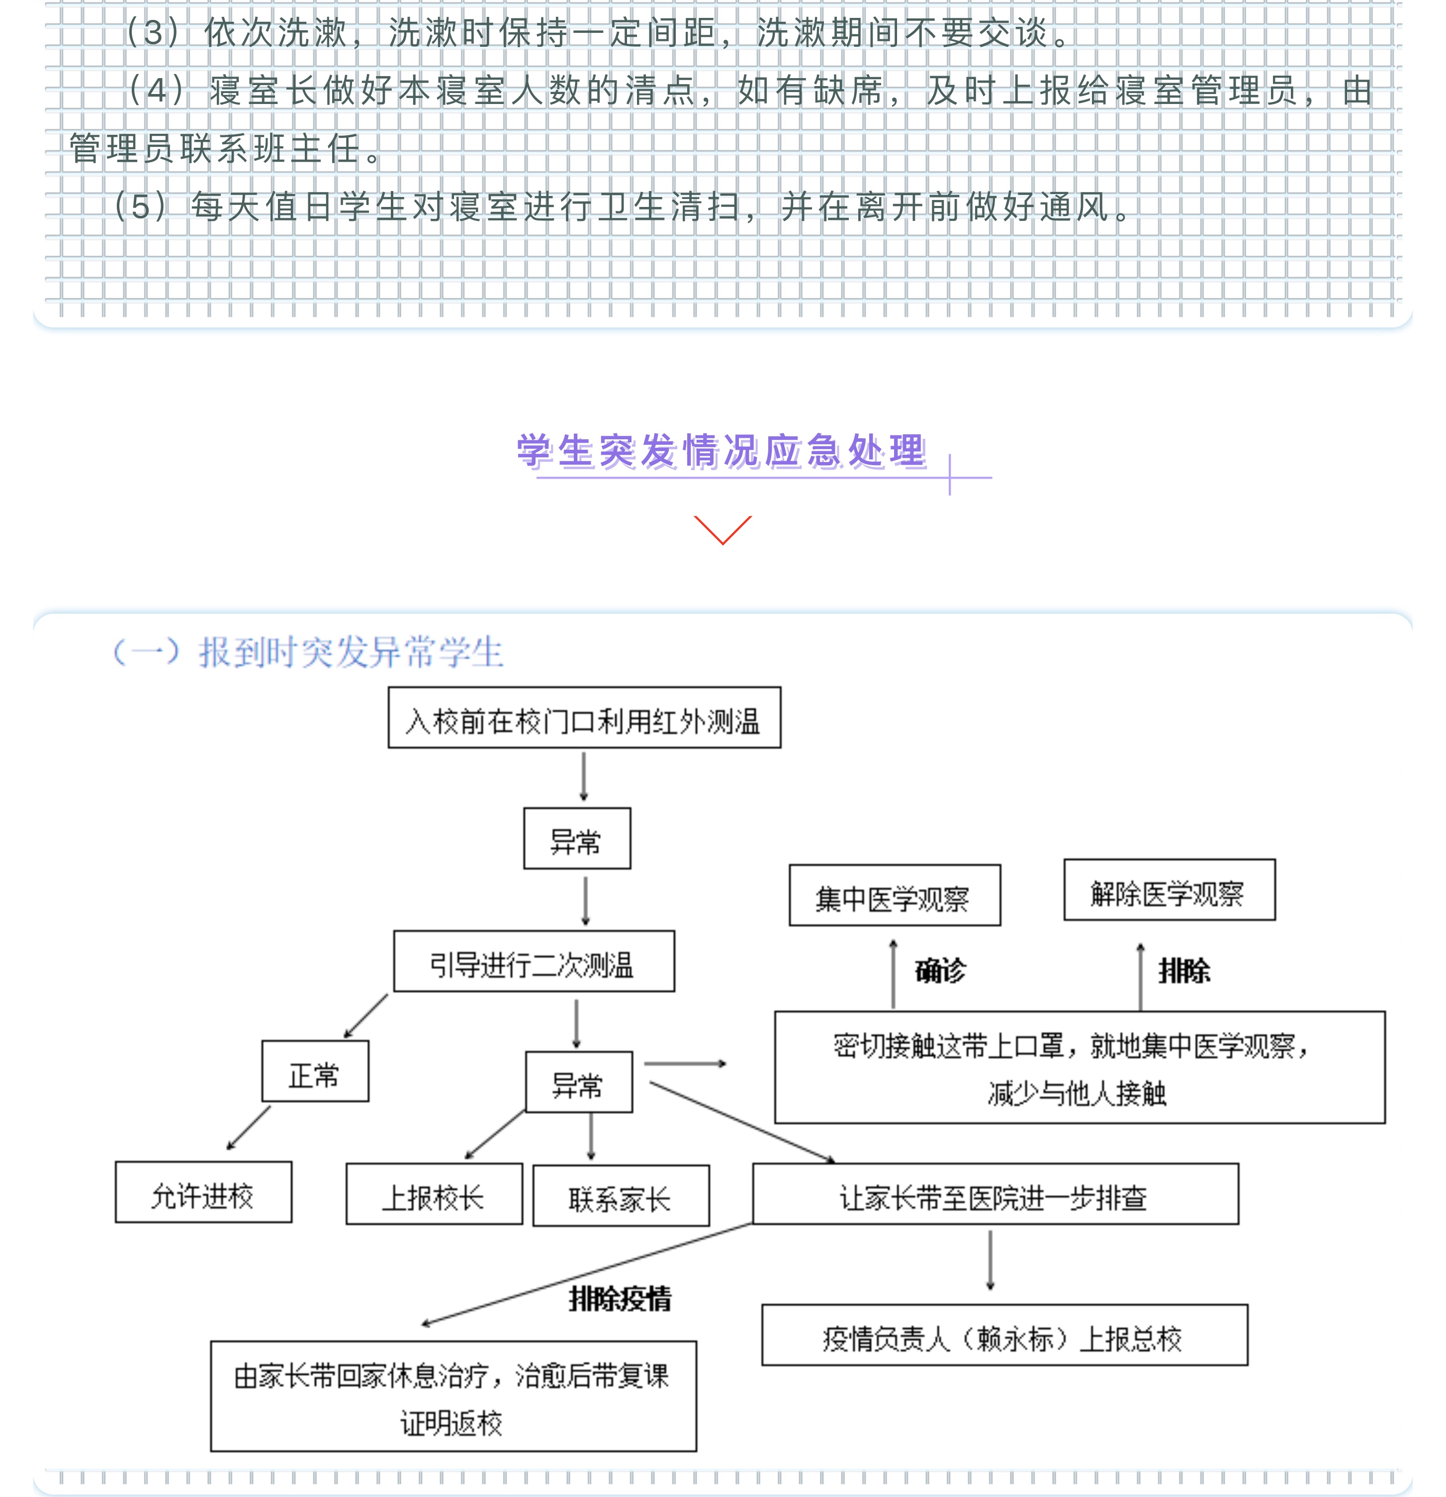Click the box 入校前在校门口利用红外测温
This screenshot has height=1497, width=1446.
(x=584, y=718)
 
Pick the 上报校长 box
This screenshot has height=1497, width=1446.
(x=434, y=1195)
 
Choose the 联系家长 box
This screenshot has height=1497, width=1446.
(x=620, y=1196)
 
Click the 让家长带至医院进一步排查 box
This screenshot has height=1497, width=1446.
(x=995, y=1195)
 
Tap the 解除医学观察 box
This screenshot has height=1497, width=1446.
(x=1169, y=891)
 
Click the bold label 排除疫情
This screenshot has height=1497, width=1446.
(x=620, y=1298)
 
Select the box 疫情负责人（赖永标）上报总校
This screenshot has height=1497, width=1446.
(x=1004, y=1336)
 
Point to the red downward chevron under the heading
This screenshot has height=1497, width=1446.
(x=722, y=530)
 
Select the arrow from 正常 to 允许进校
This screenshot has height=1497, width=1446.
(x=249, y=1127)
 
